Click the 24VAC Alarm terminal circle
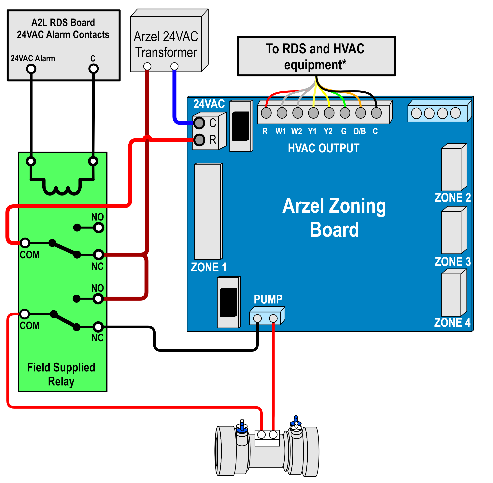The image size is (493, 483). pos(31,69)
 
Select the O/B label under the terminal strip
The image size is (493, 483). pos(359,131)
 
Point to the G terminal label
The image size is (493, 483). pos(344,131)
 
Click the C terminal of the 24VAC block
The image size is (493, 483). pos(199,123)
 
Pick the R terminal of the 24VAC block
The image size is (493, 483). pos(199,140)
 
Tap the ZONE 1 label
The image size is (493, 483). pos(208,267)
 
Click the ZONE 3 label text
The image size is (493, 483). pos(452,262)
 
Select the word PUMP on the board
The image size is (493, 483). pos(268,299)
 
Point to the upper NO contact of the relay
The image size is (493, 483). pos(98,228)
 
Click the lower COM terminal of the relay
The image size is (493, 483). pos(25,314)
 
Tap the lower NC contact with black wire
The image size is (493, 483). pos(98,327)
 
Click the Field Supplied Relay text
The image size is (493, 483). pos(61,374)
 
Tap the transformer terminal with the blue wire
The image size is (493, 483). pos(174,66)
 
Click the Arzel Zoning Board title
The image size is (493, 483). pos(334,217)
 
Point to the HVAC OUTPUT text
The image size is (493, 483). pos(323,148)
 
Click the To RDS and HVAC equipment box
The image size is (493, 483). pos(316,56)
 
